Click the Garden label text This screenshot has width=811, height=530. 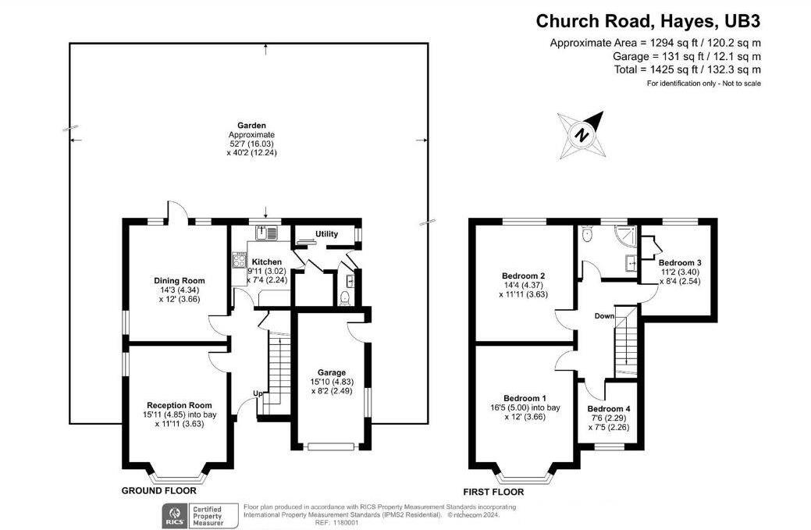coord(252,125)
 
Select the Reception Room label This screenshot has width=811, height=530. coord(179,405)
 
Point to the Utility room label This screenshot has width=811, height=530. coord(326,234)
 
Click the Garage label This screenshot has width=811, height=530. coord(331,372)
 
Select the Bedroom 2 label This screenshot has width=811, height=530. coord(523,276)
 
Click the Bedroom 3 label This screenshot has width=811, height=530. coord(680,262)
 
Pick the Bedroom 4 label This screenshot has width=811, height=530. coord(609,409)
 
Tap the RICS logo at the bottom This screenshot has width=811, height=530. coord(172,514)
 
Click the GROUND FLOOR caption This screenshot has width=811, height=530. coord(158,492)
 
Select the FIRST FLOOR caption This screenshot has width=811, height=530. coord(493,493)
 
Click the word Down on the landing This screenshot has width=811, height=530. coord(604,316)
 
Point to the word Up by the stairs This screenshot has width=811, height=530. coord(256,393)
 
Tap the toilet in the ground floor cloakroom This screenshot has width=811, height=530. coord(345,296)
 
